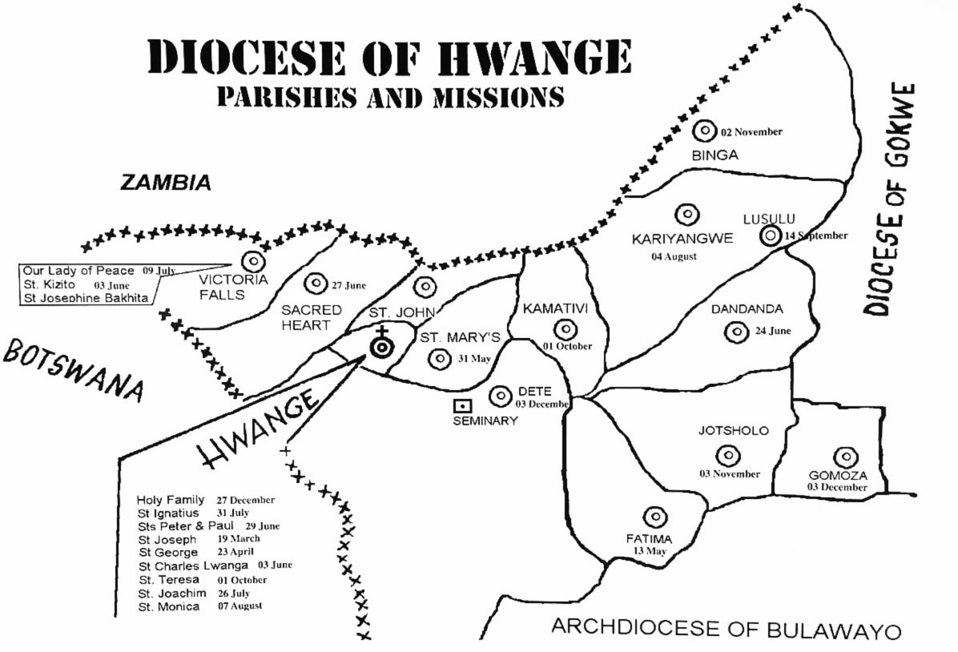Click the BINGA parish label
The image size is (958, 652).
point(714,155)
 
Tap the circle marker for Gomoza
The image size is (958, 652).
point(845,457)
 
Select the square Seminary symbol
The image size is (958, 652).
point(462,406)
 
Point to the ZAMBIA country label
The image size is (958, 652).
point(165,183)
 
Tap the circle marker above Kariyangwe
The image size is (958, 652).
point(686,214)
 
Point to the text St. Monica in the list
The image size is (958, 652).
point(167,607)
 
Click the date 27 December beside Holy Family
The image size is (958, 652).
point(245,501)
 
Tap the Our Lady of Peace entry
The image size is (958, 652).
point(78,271)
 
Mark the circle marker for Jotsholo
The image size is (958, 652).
point(728,455)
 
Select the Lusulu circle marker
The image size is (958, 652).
point(770,235)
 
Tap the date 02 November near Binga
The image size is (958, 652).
point(751,131)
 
